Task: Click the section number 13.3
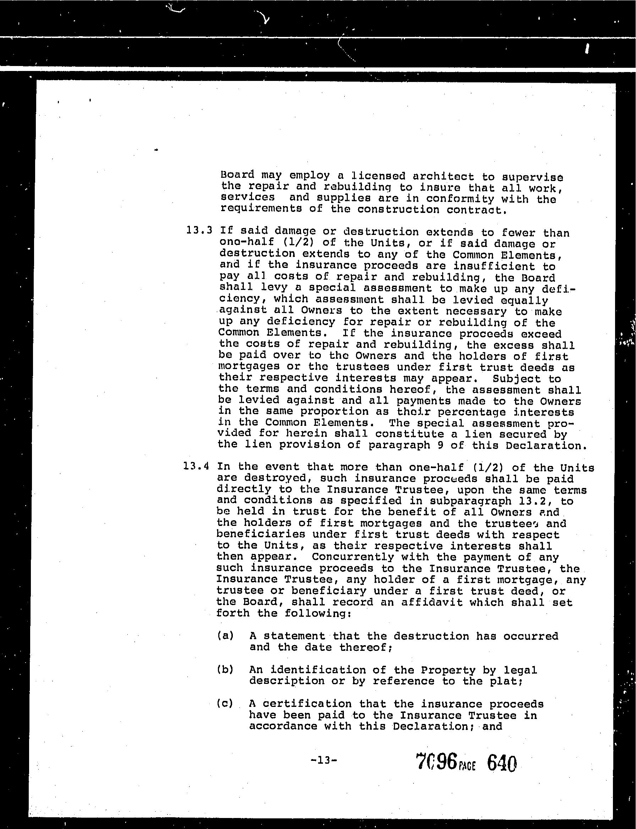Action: coord(199,231)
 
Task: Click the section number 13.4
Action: coord(196,466)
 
